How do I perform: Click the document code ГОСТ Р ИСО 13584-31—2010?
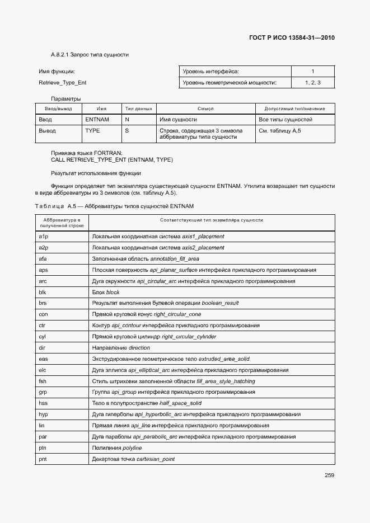tap(292, 39)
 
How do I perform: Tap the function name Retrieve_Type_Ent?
tap(63, 83)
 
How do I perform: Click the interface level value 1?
tap(312, 71)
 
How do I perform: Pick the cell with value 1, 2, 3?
tap(312, 83)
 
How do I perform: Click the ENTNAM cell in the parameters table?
tap(97, 120)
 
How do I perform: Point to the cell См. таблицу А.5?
tap(280, 130)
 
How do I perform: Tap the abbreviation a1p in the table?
tap(43, 237)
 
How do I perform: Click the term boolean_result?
tap(220, 303)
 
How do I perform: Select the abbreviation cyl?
tap(42, 337)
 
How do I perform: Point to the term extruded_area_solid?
tap(224, 359)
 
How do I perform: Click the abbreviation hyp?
tap(43, 414)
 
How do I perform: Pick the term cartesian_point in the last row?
tap(156, 459)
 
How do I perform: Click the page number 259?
tap(329, 476)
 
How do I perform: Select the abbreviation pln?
tap(43, 448)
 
